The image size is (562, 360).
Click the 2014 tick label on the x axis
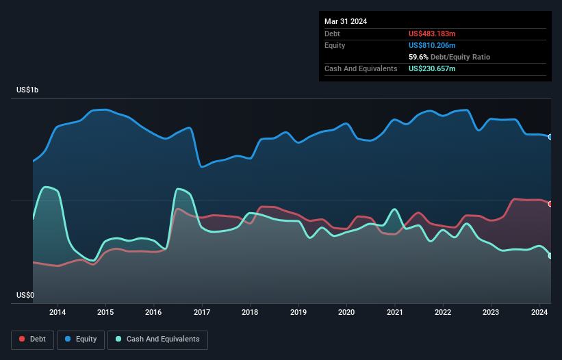pos(58,313)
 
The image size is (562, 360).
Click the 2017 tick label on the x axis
pos(202,313)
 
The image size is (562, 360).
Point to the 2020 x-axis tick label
pos(346,313)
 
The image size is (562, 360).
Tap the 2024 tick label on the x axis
pos(539,313)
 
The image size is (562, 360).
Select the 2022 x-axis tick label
pos(443,313)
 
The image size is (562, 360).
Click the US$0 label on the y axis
pos(25,295)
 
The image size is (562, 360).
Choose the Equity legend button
pos(81,339)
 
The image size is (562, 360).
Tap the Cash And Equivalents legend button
pos(157,339)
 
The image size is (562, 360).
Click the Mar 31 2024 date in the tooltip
pos(346,21)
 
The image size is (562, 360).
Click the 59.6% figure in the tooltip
pos(419,57)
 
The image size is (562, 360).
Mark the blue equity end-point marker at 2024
pos(550,137)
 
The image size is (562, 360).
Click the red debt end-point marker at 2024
pos(550,204)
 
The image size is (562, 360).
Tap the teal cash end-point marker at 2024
pos(550,256)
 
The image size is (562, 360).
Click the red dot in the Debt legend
pos(22,339)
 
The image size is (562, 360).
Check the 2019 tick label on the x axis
pos(298,313)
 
